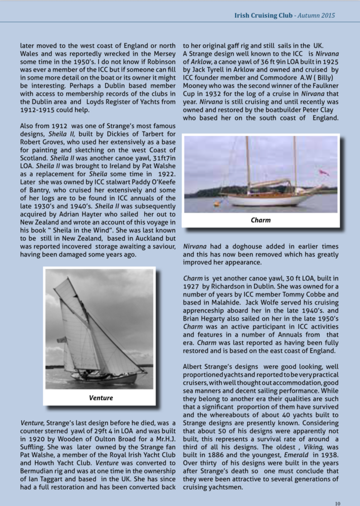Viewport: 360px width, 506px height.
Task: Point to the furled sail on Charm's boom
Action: click(272, 183)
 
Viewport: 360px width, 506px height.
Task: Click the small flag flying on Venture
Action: click(61, 340)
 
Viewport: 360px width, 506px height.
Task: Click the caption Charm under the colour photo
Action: click(261, 220)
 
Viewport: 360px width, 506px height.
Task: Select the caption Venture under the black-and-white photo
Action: click(101, 397)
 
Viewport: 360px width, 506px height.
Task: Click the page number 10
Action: click(337, 503)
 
